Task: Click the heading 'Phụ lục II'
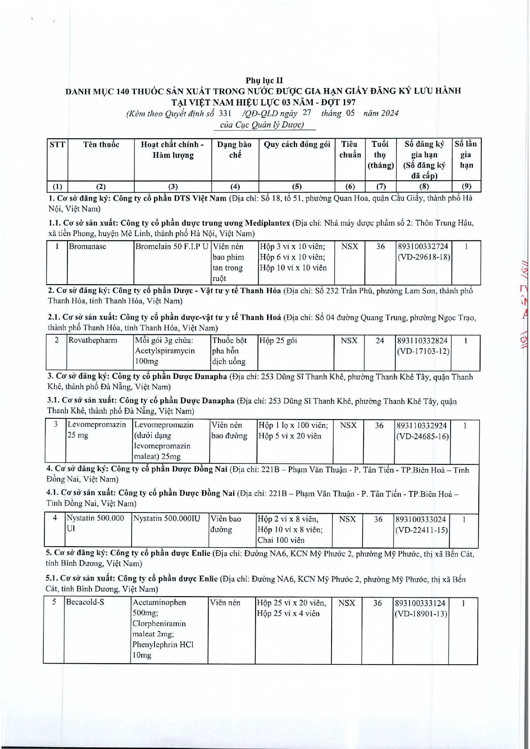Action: click(x=264, y=80)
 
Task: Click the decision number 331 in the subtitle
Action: click(x=224, y=113)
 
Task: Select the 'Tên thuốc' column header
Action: click(x=101, y=145)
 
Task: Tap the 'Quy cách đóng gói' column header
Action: click(x=297, y=145)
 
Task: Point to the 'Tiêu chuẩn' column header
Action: click(x=350, y=150)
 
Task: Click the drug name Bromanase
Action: click(x=87, y=247)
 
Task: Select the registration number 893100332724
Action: click(x=423, y=247)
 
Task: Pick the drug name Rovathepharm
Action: click(x=93, y=341)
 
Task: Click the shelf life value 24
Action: click(x=380, y=341)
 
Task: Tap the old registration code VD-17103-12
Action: click(x=423, y=351)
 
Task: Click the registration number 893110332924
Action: click(x=422, y=426)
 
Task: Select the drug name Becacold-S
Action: click(x=85, y=602)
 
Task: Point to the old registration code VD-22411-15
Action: click(x=421, y=530)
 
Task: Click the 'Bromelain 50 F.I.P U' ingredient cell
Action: click(x=172, y=247)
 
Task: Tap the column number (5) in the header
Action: click(x=297, y=186)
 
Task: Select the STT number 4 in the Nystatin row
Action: click(x=55, y=518)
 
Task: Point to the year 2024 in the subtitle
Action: click(x=389, y=113)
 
